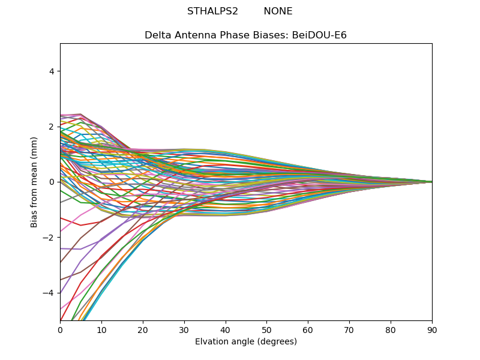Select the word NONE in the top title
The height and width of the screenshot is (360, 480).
[x=278, y=11]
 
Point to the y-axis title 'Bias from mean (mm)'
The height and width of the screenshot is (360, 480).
[x=34, y=182]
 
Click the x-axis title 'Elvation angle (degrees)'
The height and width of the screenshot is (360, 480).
[x=246, y=341]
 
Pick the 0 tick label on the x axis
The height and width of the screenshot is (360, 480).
[x=60, y=329]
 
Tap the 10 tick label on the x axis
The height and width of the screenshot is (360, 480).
[x=101, y=329]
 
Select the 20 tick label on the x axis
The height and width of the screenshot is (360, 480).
[x=143, y=329]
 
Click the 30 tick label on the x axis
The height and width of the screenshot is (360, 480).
[x=184, y=329]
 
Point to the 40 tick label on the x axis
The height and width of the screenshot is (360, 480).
[x=226, y=329]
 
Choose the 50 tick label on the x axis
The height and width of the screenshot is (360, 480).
[x=266, y=329]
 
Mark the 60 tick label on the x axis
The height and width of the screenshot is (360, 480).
[x=308, y=329]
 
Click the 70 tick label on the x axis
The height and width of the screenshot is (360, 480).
[x=349, y=329]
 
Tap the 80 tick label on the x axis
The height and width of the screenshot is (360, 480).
[x=391, y=329]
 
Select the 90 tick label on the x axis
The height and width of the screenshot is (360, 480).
[x=432, y=329]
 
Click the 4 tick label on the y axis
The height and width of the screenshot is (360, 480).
[x=52, y=71]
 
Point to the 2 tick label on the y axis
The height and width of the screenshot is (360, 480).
[x=52, y=127]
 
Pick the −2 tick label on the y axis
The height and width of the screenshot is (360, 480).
[x=49, y=237]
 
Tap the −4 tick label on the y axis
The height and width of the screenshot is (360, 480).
[x=49, y=293]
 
